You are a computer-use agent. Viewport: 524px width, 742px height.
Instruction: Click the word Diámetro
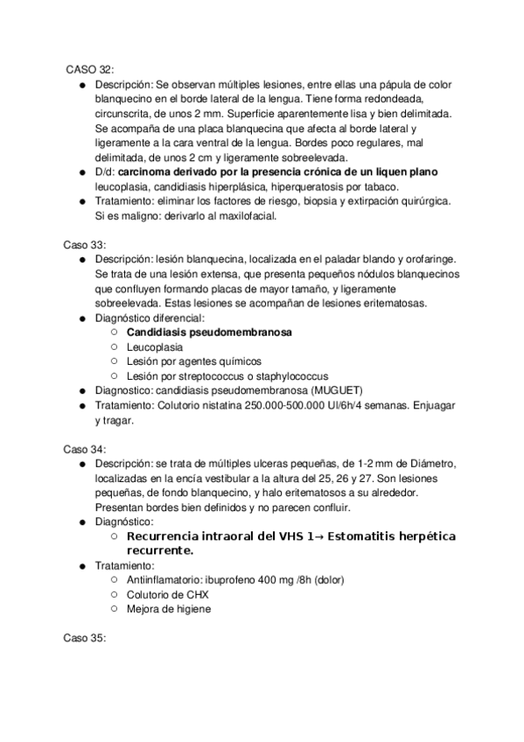423,463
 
